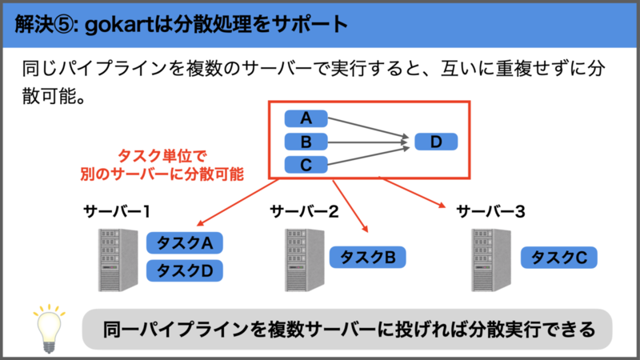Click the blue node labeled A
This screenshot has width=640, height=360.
pyautogui.click(x=306, y=118)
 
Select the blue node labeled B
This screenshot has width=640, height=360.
pyautogui.click(x=306, y=142)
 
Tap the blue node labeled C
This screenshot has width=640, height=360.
pyautogui.click(x=306, y=165)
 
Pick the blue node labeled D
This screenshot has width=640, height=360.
pyautogui.click(x=436, y=142)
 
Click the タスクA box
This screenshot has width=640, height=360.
pyautogui.click(x=185, y=243)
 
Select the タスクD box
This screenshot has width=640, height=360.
pyautogui.click(x=185, y=270)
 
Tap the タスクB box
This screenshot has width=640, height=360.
pyautogui.click(x=367, y=257)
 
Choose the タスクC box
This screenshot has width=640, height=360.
pyautogui.click(x=558, y=257)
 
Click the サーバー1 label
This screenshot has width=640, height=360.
pyautogui.click(x=117, y=211)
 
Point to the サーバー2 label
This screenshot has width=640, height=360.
pyautogui.click(x=304, y=211)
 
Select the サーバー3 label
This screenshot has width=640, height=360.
pyautogui.click(x=490, y=211)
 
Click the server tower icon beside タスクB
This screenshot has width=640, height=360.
pyautogui.click(x=305, y=260)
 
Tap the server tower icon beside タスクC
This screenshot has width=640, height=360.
pyautogui.click(x=491, y=260)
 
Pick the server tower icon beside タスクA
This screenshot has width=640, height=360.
pyautogui.click(x=118, y=260)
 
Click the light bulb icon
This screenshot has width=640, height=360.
pyautogui.click(x=49, y=328)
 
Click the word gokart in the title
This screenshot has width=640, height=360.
pyautogui.click(x=119, y=26)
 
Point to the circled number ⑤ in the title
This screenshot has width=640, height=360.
pyautogui.click(x=64, y=25)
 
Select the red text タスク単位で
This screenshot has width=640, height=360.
pyautogui.click(x=162, y=155)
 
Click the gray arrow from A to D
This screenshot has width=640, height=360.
pyautogui.click(x=368, y=128)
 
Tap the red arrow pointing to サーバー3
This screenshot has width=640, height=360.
pyautogui.click(x=412, y=192)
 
